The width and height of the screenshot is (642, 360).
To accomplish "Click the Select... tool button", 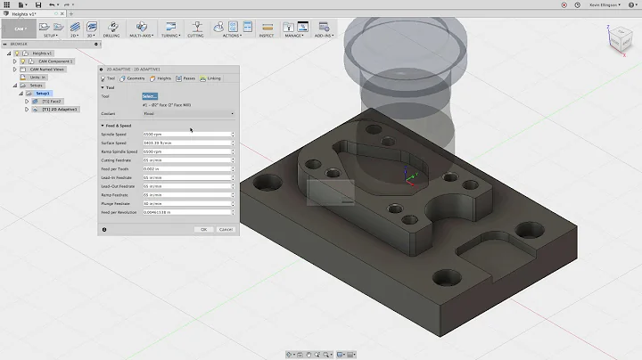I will [x=149, y=95].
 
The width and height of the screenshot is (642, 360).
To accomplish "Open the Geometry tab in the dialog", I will [x=134, y=78].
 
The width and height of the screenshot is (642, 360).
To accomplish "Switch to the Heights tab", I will [x=162, y=78].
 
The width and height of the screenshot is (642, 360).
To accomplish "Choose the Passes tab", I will [x=187, y=78].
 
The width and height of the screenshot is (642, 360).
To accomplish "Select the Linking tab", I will [x=212, y=78].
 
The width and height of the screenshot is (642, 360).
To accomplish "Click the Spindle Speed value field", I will [x=187, y=134].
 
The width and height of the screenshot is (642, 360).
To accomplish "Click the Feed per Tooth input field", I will [x=187, y=168].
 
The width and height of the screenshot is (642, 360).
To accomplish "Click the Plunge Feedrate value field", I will [x=187, y=204].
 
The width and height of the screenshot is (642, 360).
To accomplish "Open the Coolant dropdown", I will [x=187, y=113].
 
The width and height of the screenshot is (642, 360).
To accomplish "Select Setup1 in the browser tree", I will [x=44, y=93].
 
